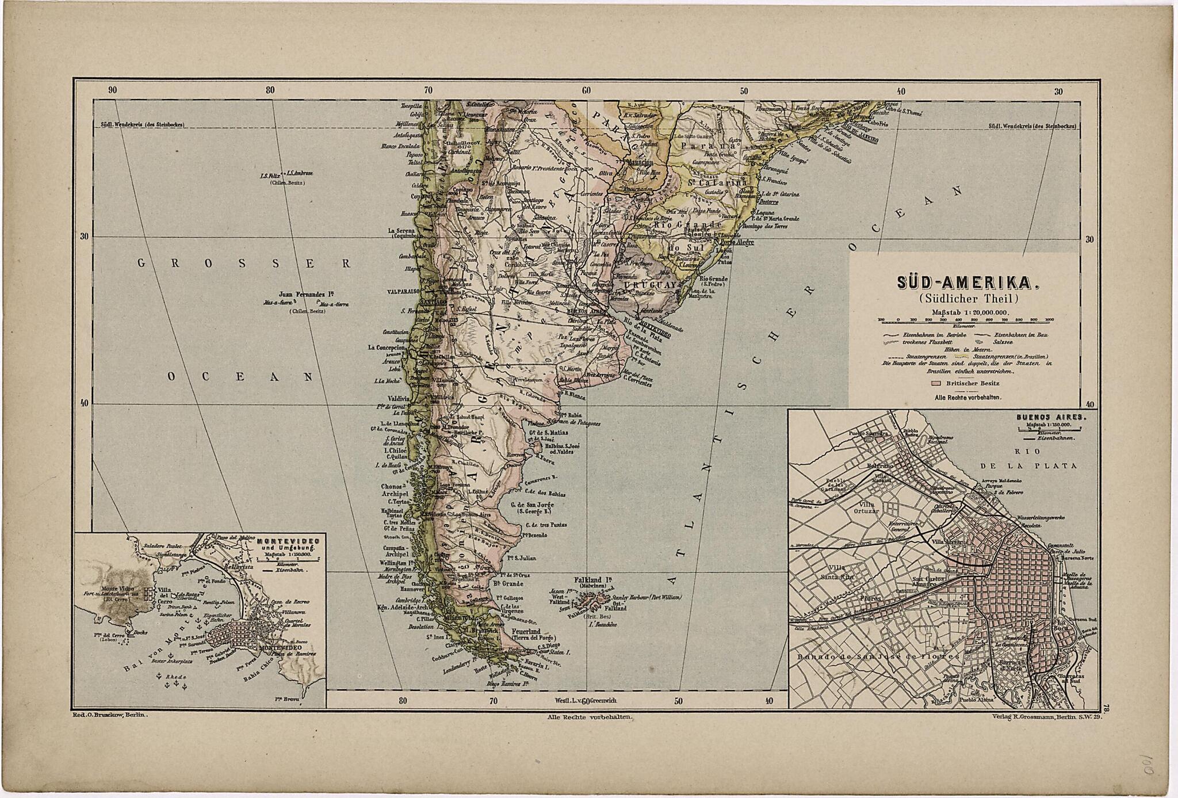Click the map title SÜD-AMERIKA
[959, 284]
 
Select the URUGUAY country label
[645, 285]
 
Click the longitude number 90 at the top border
[112, 89]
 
